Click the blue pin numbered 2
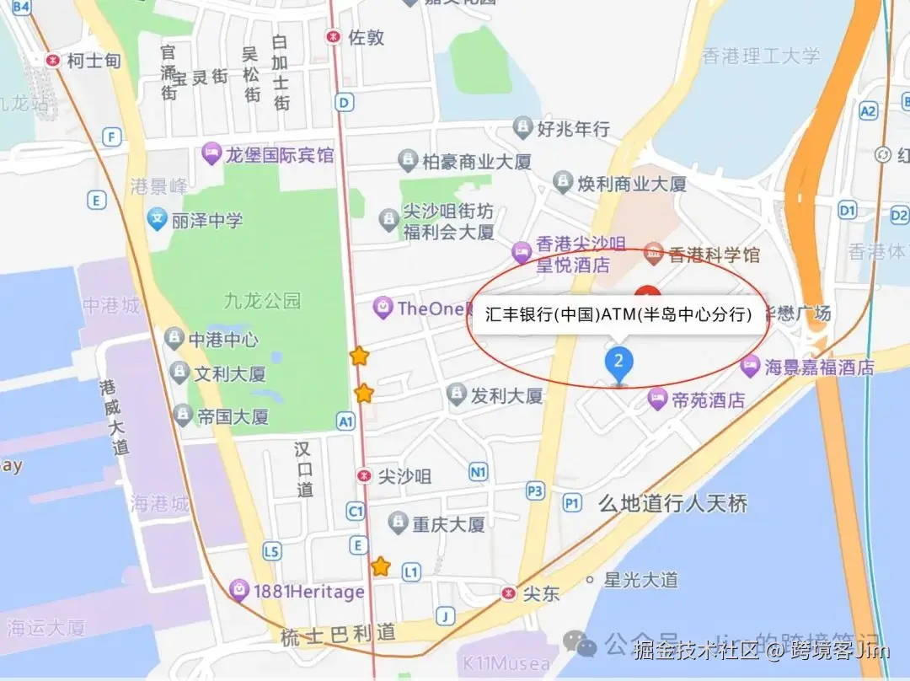point(619,363)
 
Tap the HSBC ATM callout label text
point(618,314)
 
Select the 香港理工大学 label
point(761,56)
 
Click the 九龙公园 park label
point(262,300)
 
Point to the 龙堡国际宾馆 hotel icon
point(211,155)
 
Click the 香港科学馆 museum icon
point(653,253)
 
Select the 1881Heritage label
point(308,592)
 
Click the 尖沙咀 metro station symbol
point(364,475)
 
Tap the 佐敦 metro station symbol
point(335,37)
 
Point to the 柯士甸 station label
point(94,61)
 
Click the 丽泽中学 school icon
point(156,220)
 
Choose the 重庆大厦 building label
point(448,524)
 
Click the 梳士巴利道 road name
point(338,634)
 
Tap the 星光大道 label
point(641,580)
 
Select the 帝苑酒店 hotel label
point(708,399)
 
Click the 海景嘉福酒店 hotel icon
point(750,367)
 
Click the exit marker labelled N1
point(479,473)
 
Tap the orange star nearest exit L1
point(381,566)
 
